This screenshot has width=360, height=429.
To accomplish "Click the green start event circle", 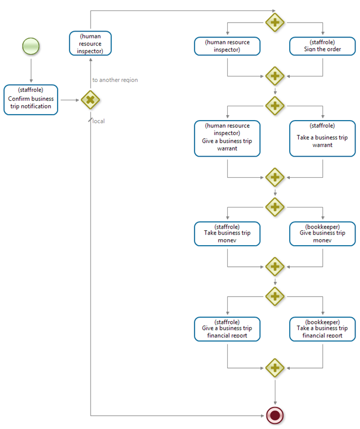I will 31,46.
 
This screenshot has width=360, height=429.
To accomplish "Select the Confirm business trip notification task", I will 31,99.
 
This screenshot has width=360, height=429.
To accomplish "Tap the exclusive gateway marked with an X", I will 90,100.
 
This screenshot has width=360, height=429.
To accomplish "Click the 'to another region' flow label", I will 115,80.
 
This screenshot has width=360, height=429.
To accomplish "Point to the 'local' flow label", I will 98,121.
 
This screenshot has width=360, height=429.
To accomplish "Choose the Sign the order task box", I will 322,46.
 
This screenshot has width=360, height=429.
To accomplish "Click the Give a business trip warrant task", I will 227,138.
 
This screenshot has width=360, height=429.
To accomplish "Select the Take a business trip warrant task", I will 322,138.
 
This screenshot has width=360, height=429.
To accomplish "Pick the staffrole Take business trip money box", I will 227,234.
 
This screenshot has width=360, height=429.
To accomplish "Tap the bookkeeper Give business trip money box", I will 322,234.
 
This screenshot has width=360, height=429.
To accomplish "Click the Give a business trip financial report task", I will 227,329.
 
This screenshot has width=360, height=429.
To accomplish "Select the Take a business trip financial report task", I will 322,329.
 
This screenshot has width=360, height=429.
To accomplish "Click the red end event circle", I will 275,415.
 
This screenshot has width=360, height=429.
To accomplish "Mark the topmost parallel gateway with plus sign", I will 275,23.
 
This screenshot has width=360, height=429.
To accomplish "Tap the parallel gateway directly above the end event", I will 275,368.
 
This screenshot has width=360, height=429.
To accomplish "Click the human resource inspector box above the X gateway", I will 90,43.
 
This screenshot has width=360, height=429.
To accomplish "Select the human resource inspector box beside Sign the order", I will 227,46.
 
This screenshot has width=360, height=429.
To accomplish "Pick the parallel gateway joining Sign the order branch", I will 275,75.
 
